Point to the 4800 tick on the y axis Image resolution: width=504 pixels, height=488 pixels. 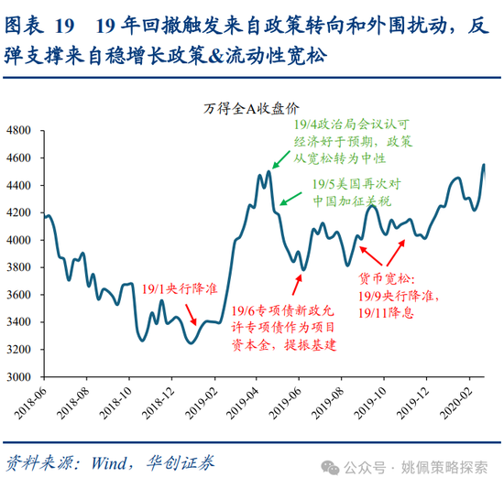tap(18, 130)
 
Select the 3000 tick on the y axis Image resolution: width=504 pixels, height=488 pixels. tap(18, 376)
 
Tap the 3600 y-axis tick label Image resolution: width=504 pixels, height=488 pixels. tap(18, 294)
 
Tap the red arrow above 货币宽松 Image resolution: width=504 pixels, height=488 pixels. tap(368, 252)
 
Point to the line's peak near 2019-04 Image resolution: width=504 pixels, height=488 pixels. tap(269, 171)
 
